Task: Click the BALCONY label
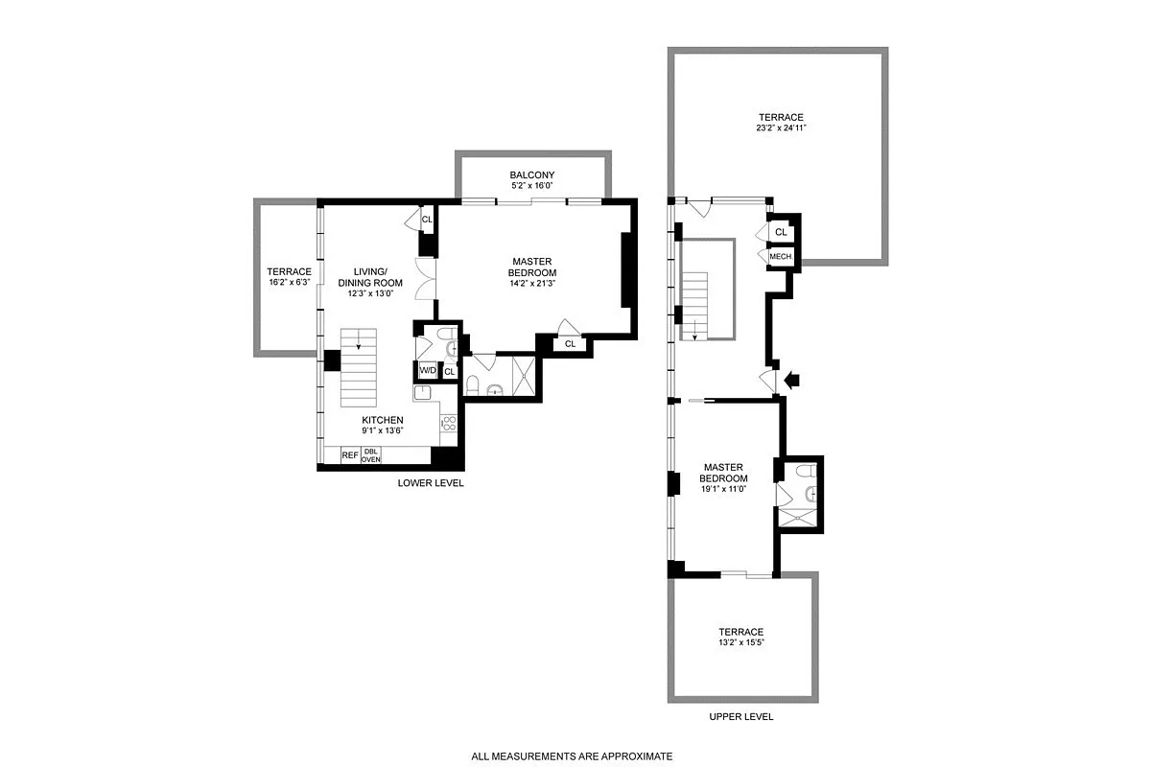(x=531, y=174)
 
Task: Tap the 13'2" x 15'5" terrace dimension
(x=741, y=643)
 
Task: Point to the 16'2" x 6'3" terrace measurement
(x=289, y=282)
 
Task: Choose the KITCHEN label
(x=382, y=420)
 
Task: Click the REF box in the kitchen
(x=350, y=455)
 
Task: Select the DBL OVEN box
(x=371, y=455)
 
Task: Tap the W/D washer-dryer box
(x=427, y=371)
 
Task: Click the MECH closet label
(x=780, y=256)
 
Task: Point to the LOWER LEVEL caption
(x=431, y=483)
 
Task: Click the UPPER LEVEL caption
(x=740, y=716)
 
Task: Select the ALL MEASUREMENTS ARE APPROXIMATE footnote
(x=572, y=756)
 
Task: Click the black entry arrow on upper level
(x=791, y=381)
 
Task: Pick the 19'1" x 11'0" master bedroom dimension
(x=723, y=489)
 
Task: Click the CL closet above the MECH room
(x=781, y=232)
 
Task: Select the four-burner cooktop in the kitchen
(x=447, y=422)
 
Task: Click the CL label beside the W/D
(x=449, y=371)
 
